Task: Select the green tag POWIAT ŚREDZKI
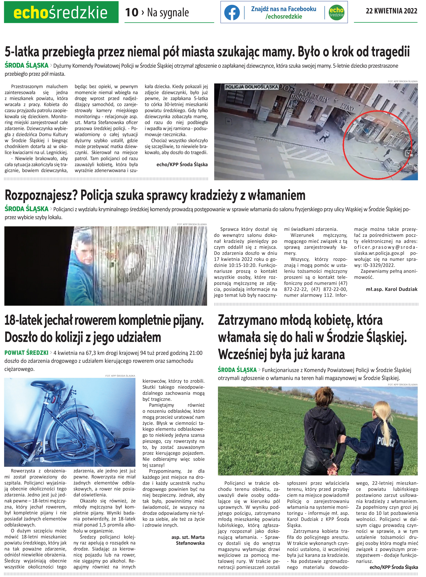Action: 26,353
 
